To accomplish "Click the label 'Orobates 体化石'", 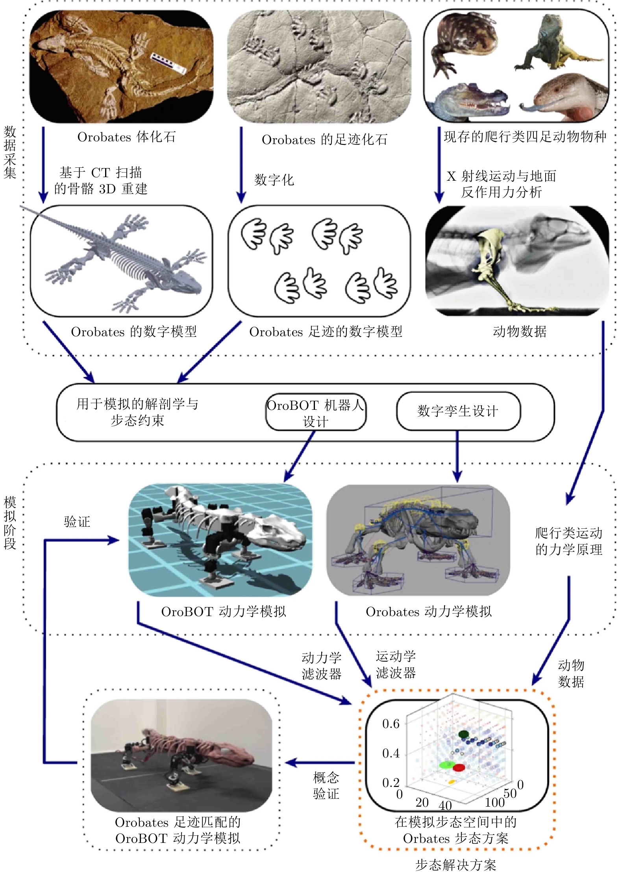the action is click(126, 137).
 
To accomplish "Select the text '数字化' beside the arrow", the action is click(274, 180).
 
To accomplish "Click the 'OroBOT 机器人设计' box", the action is click(316, 412).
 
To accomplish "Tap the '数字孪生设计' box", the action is click(458, 411).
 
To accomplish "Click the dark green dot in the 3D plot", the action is click(464, 734).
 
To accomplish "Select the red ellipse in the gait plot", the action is click(459, 768).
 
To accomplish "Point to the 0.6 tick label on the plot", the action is click(391, 724).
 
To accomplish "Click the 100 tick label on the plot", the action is click(494, 802).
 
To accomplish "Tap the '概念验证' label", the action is click(326, 785).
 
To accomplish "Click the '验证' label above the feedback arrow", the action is click(77, 522).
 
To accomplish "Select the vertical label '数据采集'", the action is click(10, 152).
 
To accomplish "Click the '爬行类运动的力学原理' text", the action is click(569, 541).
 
